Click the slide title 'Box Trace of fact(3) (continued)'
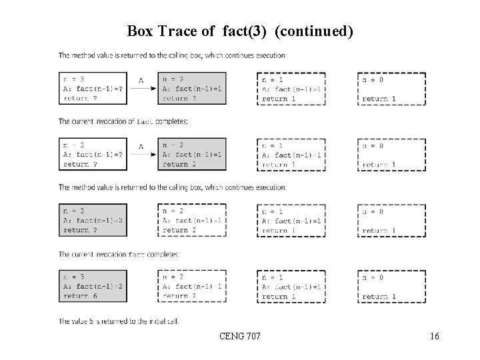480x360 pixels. [239, 31]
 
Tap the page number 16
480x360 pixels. [434, 337]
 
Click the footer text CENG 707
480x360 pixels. [239, 337]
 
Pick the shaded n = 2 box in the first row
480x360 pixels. [192, 89]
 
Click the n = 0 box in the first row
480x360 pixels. [391, 89]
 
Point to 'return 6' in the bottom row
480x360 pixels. [81, 296]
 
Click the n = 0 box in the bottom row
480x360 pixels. [391, 287]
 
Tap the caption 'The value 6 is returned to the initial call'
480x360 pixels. [119, 321]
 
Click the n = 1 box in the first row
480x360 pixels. [291, 89]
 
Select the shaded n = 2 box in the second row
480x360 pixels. [192, 155]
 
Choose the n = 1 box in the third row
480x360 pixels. [291, 221]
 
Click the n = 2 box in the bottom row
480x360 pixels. [192, 287]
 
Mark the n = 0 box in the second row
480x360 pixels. [391, 155]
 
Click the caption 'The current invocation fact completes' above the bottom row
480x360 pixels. [119, 254]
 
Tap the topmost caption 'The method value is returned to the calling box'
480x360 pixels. [173, 55]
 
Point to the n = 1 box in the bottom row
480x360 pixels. [291, 287]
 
